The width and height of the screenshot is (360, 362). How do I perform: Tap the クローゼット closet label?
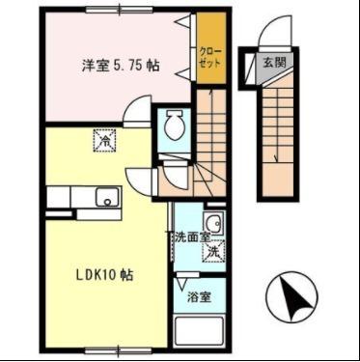pos(209,56)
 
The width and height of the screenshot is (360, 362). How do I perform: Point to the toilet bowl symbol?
pos(174,124)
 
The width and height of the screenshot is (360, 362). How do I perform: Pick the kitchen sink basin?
pos(105,198)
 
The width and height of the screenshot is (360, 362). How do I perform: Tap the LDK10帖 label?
pos(105,275)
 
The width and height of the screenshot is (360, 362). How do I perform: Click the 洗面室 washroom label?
pos(189,237)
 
